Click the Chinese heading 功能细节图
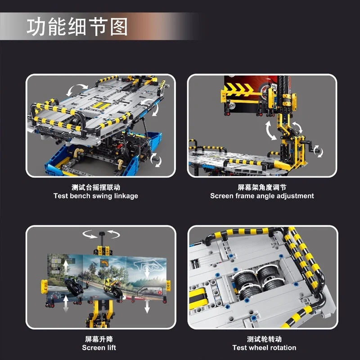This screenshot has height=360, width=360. [x=77, y=27]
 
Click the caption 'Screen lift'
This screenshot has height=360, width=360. [x=99, y=347]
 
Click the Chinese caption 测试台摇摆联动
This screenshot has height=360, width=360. [x=96, y=187]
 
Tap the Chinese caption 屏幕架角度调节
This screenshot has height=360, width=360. [x=262, y=187]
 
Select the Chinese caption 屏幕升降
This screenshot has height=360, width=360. [x=99, y=339]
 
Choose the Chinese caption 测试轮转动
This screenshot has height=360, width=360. [x=264, y=339]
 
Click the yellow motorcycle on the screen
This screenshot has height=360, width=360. [x=112, y=287]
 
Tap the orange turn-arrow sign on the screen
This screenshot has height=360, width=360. [x=104, y=263]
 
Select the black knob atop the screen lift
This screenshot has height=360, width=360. [x=102, y=234]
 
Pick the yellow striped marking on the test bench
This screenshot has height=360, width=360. [x=100, y=105]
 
